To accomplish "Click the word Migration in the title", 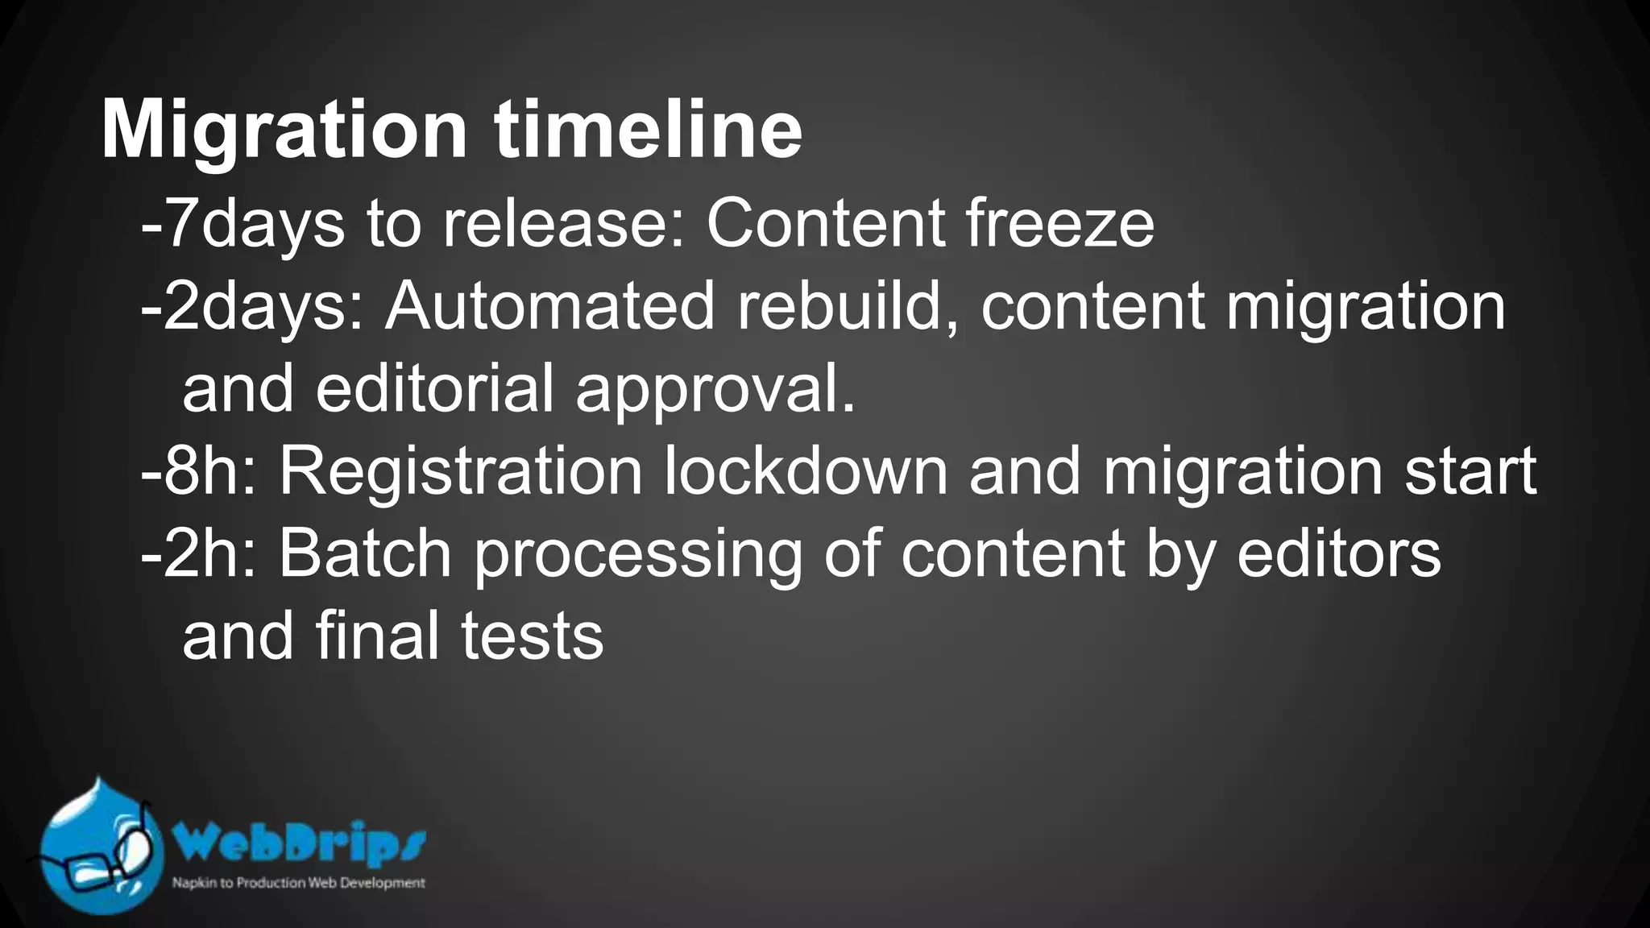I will [284, 130].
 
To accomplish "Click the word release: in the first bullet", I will [564, 224].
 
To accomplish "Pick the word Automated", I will [549, 306].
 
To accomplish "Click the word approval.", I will [715, 391].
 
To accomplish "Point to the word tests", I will [532, 636].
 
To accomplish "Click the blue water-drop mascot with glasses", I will [99, 847].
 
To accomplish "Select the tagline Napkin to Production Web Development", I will [299, 883].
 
